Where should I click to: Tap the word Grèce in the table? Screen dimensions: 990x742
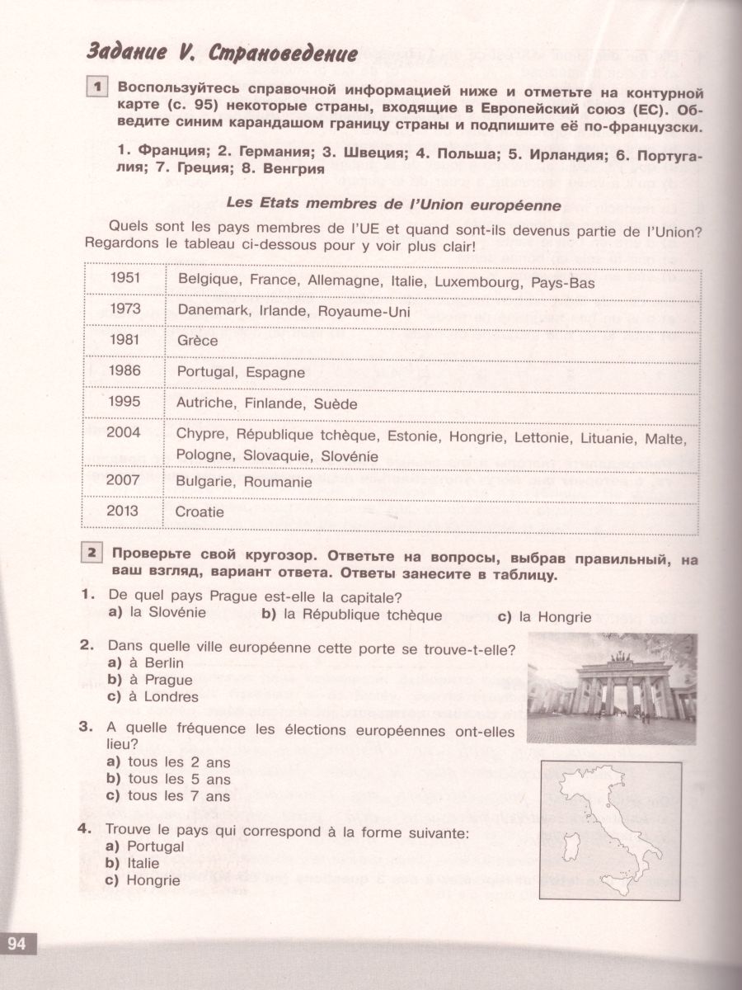[197, 341]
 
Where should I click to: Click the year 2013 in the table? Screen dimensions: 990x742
[124, 511]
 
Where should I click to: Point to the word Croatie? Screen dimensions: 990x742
[200, 512]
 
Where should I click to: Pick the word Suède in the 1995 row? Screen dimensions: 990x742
[337, 404]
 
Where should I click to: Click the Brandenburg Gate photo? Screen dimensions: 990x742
[611, 688]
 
